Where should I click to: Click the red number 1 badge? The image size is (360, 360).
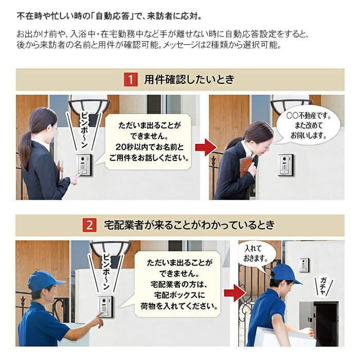pyautogui.click(x=131, y=79)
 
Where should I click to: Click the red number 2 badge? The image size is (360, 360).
pyautogui.click(x=89, y=225)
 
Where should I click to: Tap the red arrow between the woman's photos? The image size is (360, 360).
pyautogui.click(x=206, y=147)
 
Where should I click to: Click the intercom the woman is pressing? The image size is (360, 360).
pyautogui.click(x=84, y=165)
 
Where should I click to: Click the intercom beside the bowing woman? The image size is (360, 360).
pyautogui.click(x=285, y=165)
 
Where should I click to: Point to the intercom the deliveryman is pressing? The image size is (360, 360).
pyautogui.click(x=105, y=307)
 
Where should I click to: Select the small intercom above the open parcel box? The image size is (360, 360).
pyautogui.click(x=304, y=265)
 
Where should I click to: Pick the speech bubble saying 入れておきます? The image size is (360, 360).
pyautogui.click(x=256, y=255)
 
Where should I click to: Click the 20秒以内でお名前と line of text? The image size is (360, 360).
pyautogui.click(x=150, y=147)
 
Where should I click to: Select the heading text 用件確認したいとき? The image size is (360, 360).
pyautogui.click(x=189, y=79)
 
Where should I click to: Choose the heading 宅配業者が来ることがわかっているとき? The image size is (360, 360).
pyautogui.click(x=189, y=225)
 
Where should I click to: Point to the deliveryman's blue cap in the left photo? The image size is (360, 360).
pyautogui.click(x=45, y=281)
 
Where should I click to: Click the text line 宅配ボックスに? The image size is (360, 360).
pyautogui.click(x=179, y=295)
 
